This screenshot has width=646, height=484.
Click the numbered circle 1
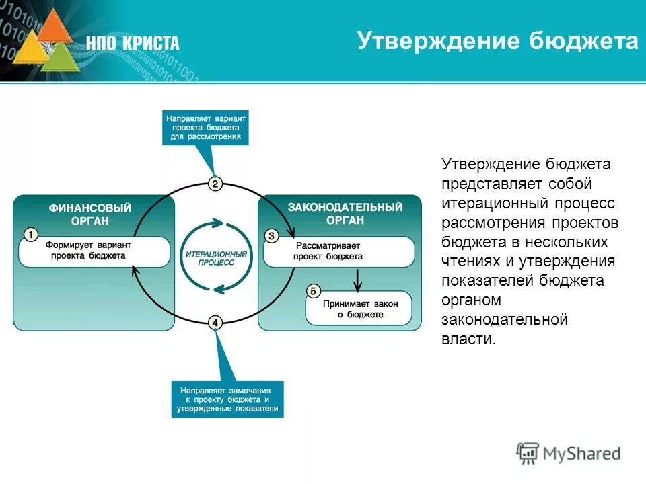[x=30, y=234]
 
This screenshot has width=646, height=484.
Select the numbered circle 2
[x=215, y=184]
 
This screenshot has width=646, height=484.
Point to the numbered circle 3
[x=271, y=235]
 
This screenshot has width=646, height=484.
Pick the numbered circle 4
[x=215, y=323]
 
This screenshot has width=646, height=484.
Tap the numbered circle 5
[x=312, y=291]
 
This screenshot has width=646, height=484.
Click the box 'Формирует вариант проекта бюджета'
[x=94, y=251]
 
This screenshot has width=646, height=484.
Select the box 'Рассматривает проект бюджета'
[x=338, y=251]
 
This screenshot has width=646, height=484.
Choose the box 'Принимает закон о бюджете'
[x=360, y=309]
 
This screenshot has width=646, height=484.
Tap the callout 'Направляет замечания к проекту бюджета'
[x=227, y=399]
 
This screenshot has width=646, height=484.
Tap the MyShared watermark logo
[x=569, y=453]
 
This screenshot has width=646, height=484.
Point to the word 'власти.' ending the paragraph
[x=468, y=339]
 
